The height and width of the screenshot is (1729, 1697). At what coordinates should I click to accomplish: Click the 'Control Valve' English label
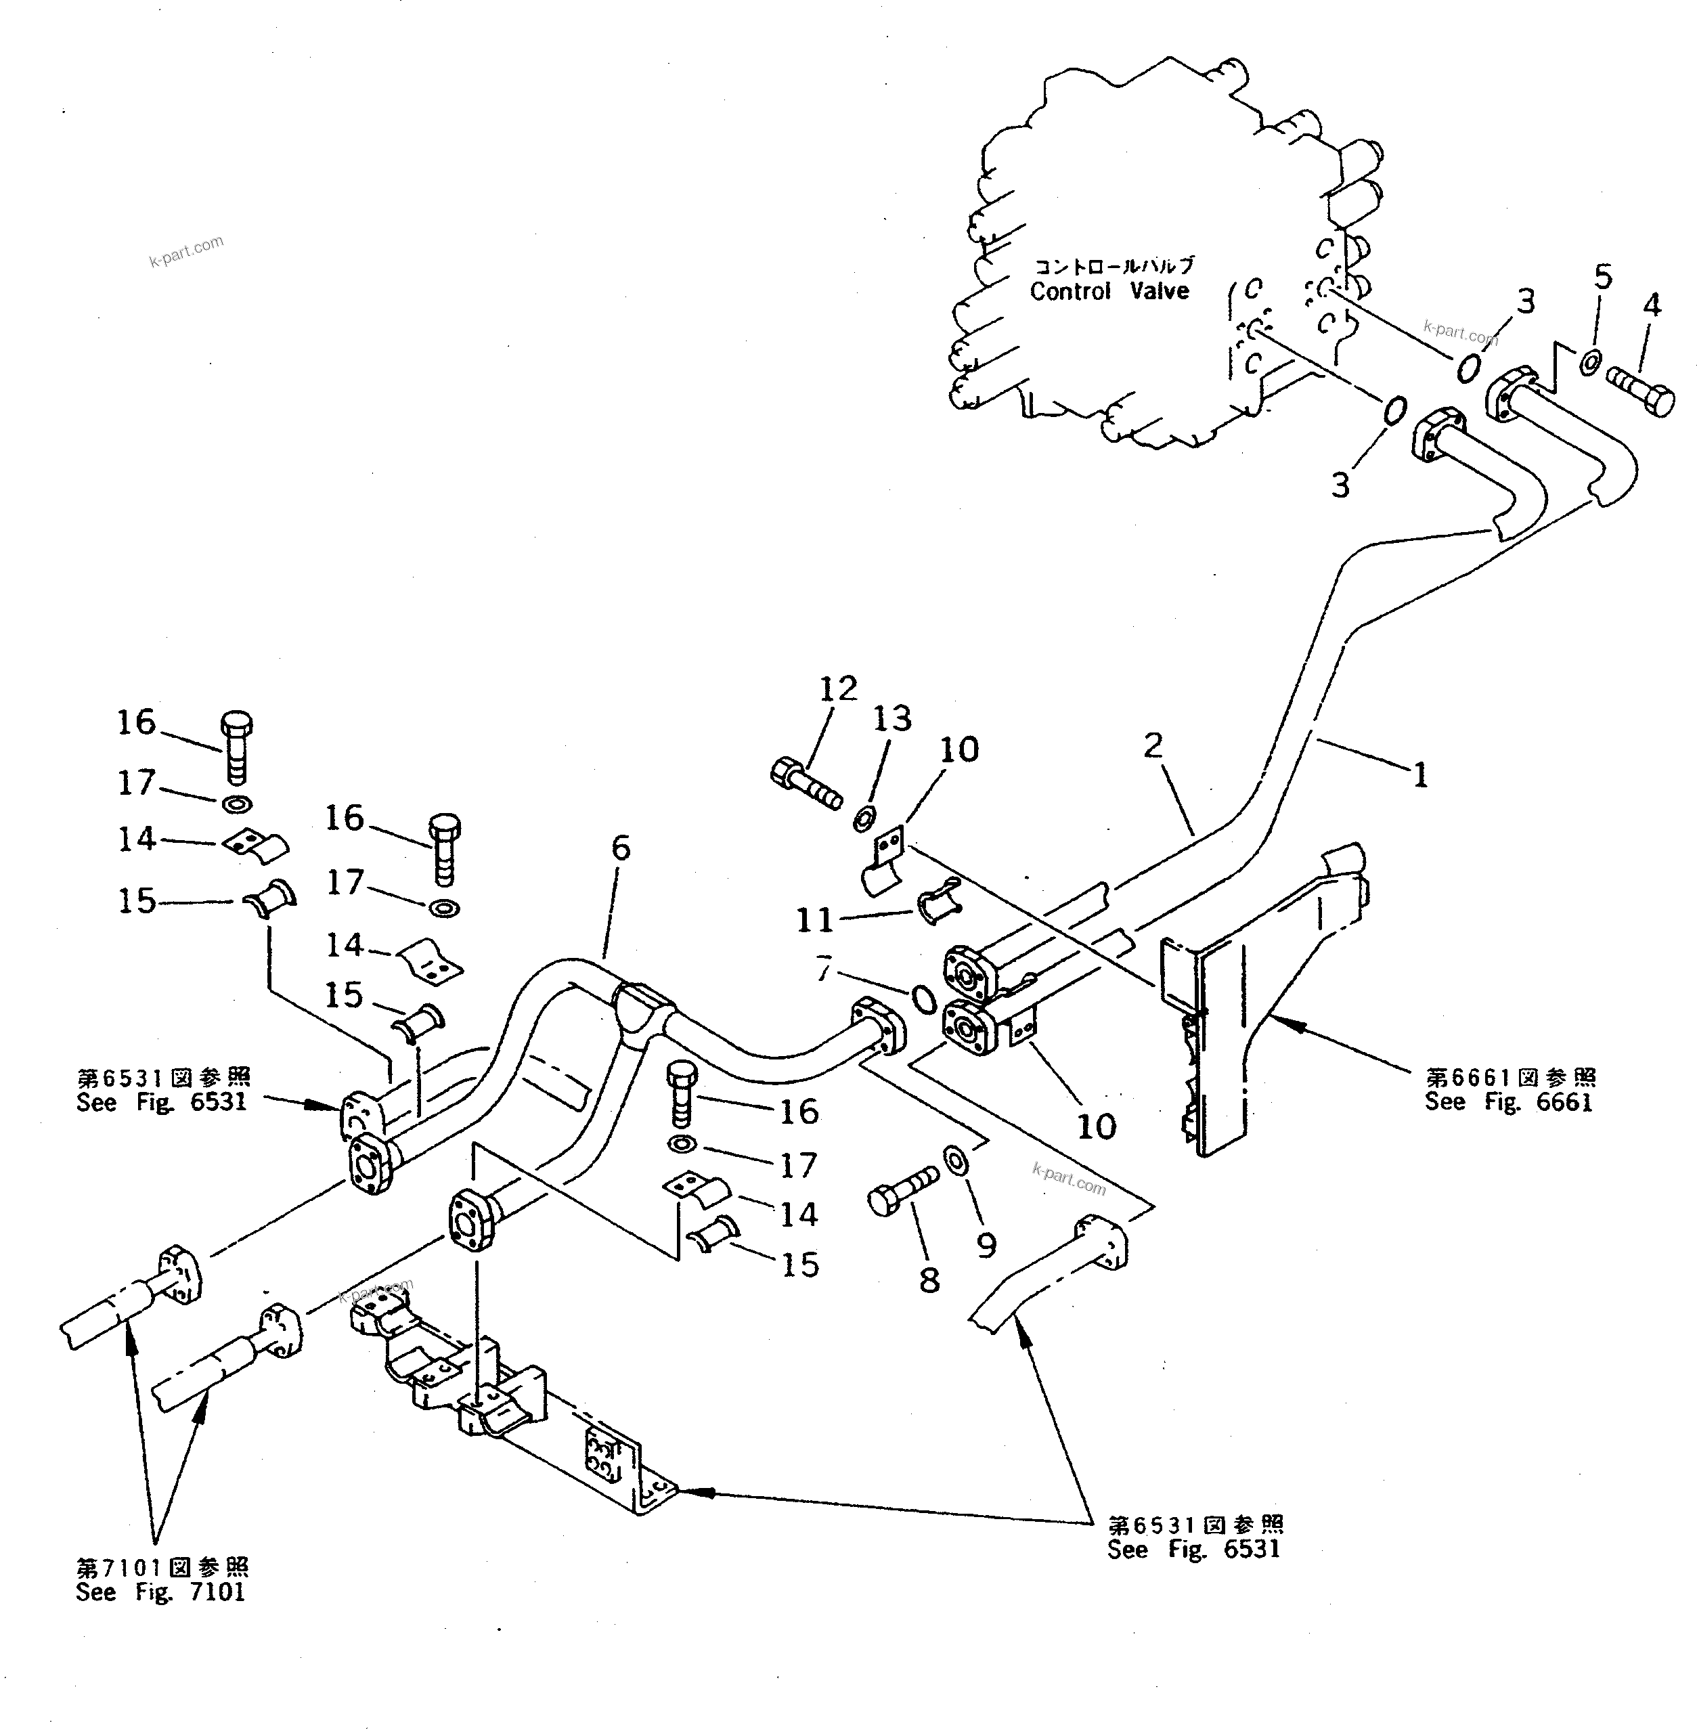(1109, 291)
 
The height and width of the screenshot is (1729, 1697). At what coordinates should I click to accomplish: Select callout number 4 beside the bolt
(1651, 306)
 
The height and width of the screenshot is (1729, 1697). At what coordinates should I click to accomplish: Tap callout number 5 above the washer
(1602, 278)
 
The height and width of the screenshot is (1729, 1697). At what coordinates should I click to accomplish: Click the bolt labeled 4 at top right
(1640, 392)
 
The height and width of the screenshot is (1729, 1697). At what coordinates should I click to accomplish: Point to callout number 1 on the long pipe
(1421, 774)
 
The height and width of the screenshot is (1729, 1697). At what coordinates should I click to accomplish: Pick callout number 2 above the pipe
(1153, 745)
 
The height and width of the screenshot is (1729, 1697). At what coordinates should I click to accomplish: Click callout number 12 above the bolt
(838, 688)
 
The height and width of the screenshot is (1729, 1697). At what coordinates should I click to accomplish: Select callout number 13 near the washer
(892, 718)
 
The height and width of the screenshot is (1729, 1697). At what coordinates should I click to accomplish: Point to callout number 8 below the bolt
(929, 1281)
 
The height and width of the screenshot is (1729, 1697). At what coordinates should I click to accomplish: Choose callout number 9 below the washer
(986, 1246)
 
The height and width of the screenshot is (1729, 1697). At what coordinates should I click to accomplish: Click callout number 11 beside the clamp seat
(814, 919)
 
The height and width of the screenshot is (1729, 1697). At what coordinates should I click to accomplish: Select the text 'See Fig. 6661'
(1508, 1103)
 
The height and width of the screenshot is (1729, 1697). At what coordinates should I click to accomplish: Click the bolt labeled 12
(805, 785)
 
